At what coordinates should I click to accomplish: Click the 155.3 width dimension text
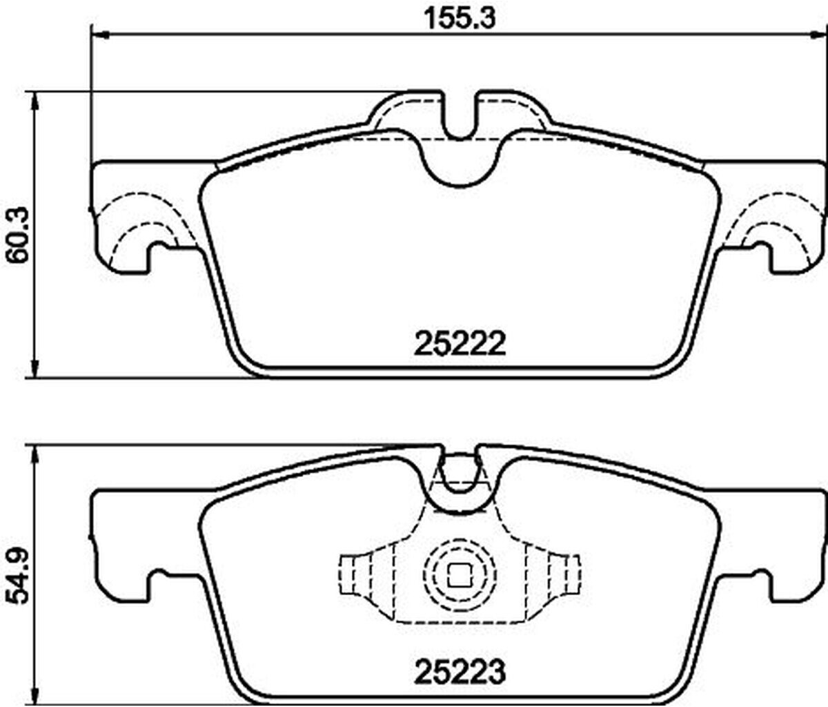point(460,19)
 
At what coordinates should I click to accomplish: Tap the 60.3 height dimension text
point(19,235)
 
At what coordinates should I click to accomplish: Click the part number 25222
point(460,345)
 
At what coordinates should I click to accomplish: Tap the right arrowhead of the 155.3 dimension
point(818,36)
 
